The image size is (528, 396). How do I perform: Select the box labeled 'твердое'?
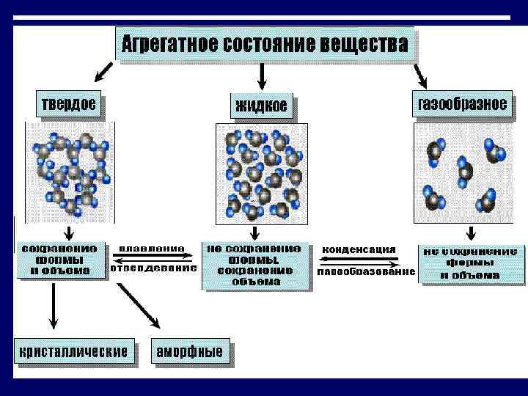[67, 104]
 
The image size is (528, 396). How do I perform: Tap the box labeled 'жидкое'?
[261, 107]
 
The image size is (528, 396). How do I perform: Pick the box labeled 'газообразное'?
[462, 104]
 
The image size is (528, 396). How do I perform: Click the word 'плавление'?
[152, 249]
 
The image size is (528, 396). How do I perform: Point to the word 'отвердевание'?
[154, 268]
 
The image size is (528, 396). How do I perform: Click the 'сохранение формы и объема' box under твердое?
[59, 260]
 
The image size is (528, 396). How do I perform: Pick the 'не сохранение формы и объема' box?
[470, 263]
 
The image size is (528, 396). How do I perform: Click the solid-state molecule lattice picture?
[70, 173]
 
